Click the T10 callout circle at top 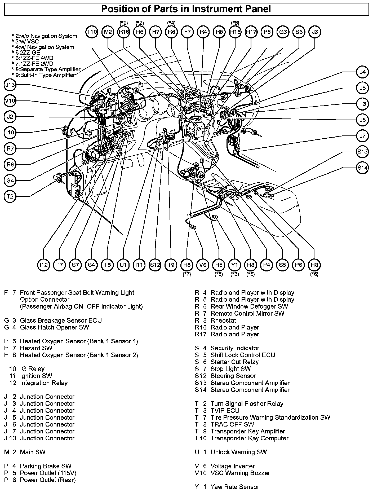tap(92, 32)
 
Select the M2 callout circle tap(108, 32)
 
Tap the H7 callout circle tap(156, 32)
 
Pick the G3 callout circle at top tap(283, 32)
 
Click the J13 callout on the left tap(10, 85)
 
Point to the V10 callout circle tap(10, 101)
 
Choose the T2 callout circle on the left tap(10, 196)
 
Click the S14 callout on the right tap(362, 168)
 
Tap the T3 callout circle tap(362, 104)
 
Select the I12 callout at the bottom tap(44, 265)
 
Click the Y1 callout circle tap(235, 265)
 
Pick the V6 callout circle tap(203, 265)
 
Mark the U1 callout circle tap(123, 265)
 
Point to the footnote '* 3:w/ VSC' tap(25, 42)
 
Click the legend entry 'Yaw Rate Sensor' tap(235, 487)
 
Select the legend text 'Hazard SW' tap(36, 348)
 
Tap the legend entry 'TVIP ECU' tap(225, 411)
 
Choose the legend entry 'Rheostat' tap(223, 320)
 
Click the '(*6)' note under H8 tap(314, 274)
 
